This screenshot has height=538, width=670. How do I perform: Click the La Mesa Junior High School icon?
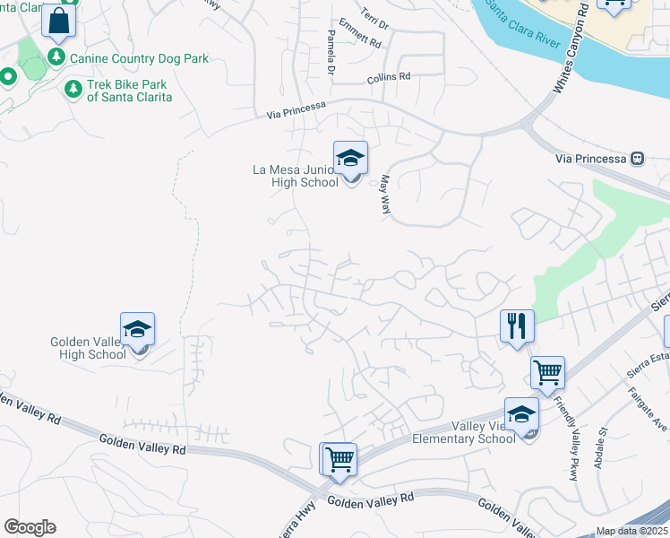[x=350, y=158]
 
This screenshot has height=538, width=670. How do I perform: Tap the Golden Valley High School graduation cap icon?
[x=138, y=330]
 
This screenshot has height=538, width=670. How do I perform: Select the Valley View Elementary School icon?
[x=521, y=414]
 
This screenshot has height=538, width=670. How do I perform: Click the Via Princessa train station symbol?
[x=637, y=159]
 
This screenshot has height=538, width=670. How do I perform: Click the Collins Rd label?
[x=388, y=78]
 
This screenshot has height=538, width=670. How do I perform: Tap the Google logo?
[x=30, y=526]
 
